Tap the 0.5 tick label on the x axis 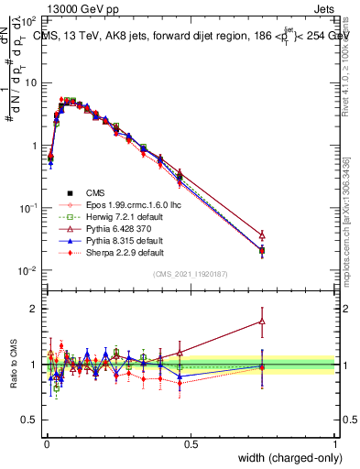click(191, 443)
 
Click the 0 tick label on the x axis click(46, 443)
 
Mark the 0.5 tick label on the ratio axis click(29, 420)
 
